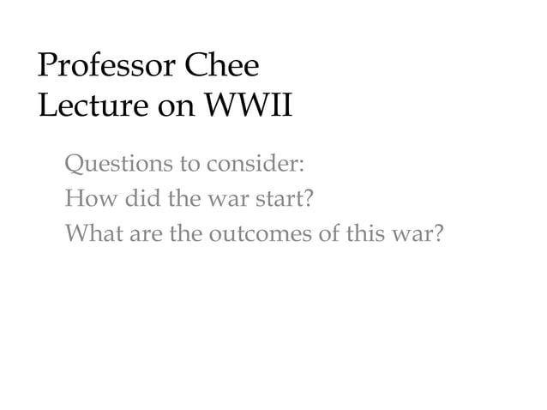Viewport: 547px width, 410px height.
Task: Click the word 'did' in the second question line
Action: coord(142,199)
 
